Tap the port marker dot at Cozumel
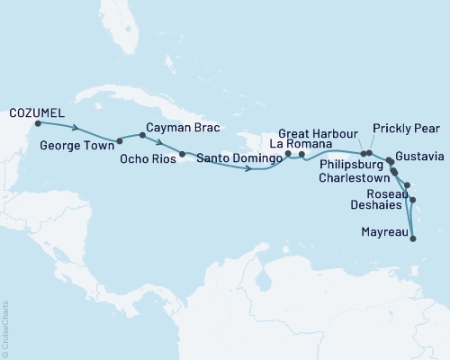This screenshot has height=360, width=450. click(x=38, y=124)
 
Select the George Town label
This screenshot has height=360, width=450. click(x=68, y=141)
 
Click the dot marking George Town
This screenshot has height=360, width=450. click(x=119, y=140)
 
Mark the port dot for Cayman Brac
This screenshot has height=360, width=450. click(x=142, y=136)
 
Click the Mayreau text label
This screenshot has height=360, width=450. click(x=377, y=230)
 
